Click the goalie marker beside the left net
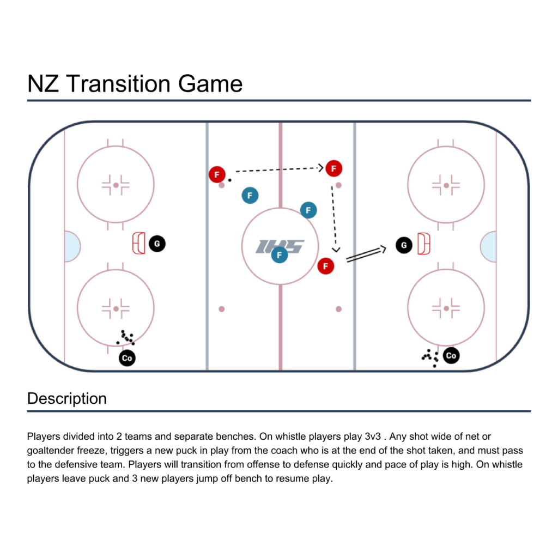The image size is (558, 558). (157, 244)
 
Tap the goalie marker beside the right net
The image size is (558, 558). (404, 245)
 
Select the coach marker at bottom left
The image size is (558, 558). (127, 358)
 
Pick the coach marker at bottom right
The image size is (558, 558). (451, 355)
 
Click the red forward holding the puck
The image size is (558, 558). (217, 174)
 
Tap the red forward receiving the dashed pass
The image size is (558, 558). (334, 168)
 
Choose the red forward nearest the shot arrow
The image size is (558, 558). (326, 266)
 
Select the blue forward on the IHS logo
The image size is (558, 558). (280, 254)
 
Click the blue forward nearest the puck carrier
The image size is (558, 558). (250, 196)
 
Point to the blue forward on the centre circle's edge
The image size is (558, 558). (308, 210)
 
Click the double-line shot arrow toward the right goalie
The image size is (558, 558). (366, 254)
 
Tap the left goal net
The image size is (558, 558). (139, 244)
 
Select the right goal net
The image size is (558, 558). (424, 244)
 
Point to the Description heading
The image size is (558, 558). (67, 398)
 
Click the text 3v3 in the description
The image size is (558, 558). (373, 436)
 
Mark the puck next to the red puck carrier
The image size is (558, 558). (230, 180)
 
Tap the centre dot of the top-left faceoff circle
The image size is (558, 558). (116, 185)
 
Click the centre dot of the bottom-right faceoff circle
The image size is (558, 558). (446, 308)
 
